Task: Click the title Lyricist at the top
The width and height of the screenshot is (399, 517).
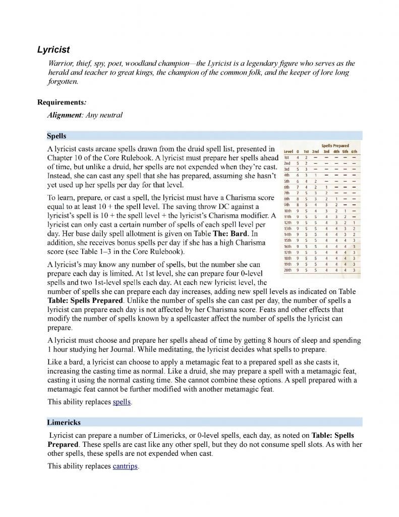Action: pos(53,49)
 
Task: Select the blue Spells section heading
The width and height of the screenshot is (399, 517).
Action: pos(56,136)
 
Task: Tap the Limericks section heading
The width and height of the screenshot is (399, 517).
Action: pos(64,422)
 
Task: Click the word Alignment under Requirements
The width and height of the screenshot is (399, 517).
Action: pos(64,115)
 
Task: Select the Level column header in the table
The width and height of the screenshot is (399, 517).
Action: pos(289,151)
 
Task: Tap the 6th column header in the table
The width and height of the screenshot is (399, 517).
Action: pos(354,151)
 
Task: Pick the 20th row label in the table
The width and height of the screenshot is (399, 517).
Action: pos(288,270)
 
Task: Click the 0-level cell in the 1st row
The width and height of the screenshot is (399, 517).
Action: pos(298,158)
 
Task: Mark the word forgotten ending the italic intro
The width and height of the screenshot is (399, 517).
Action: pos(62,81)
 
